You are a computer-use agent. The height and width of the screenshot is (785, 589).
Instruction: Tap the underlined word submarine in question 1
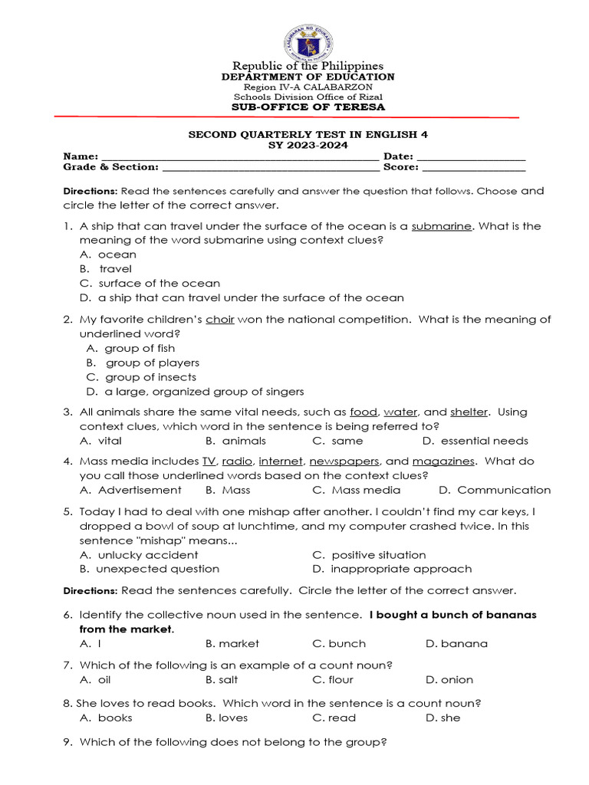coord(441,226)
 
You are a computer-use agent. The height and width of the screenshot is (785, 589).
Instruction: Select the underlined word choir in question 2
coord(219,320)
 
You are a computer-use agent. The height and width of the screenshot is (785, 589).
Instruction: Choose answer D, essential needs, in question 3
coord(475,441)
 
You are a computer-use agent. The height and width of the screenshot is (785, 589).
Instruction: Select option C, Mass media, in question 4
coord(357,490)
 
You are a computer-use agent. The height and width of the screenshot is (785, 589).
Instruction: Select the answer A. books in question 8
coord(107,718)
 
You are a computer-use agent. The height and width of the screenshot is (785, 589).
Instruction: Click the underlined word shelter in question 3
coord(469,412)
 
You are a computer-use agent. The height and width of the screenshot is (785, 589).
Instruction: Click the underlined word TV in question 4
coord(209,461)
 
